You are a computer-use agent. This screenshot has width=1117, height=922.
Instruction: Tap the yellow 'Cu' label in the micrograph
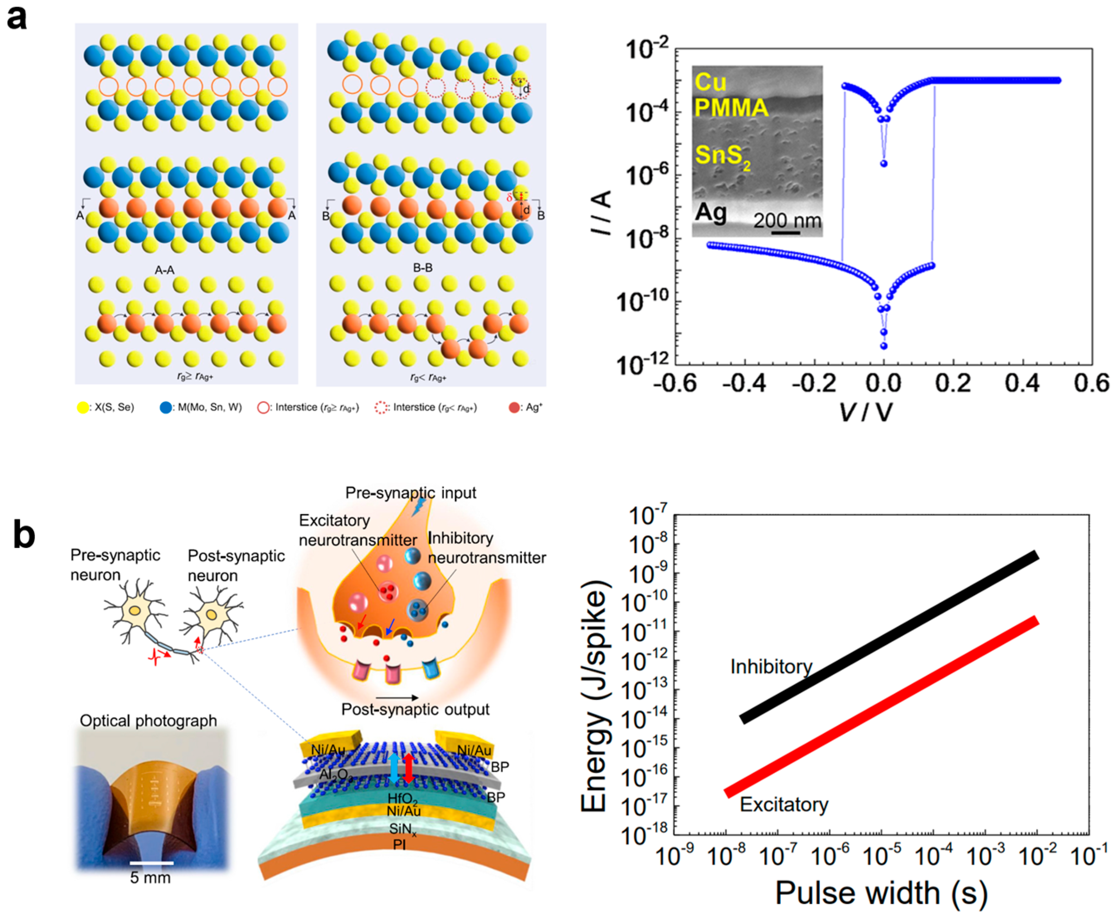point(710,82)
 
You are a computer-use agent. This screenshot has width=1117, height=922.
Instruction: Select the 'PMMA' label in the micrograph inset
point(731,108)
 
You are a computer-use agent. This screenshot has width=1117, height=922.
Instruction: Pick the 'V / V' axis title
point(866,411)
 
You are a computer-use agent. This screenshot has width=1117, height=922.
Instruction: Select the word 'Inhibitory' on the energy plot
point(771,667)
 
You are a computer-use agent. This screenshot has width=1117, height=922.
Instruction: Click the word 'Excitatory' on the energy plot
point(784,805)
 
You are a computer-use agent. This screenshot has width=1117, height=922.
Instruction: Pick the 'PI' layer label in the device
point(399,843)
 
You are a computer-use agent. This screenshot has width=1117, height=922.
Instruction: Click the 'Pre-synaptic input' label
point(410,493)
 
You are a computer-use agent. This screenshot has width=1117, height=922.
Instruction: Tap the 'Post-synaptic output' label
point(415,710)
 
